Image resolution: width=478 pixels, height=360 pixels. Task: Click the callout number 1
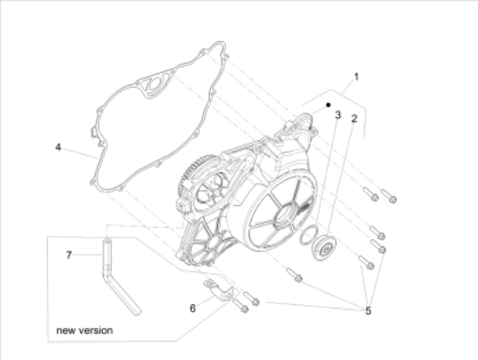point(355,77)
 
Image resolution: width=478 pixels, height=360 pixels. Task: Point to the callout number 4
point(58,148)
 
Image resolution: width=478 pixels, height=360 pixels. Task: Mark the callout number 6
point(193,307)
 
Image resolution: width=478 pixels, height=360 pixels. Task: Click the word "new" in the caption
point(69,331)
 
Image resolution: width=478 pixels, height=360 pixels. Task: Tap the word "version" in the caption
point(97,331)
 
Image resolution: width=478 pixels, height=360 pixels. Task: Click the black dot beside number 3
point(328,104)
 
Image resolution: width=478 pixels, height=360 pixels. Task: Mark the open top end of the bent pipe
point(107,240)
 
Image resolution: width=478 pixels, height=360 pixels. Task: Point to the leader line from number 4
point(78,151)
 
